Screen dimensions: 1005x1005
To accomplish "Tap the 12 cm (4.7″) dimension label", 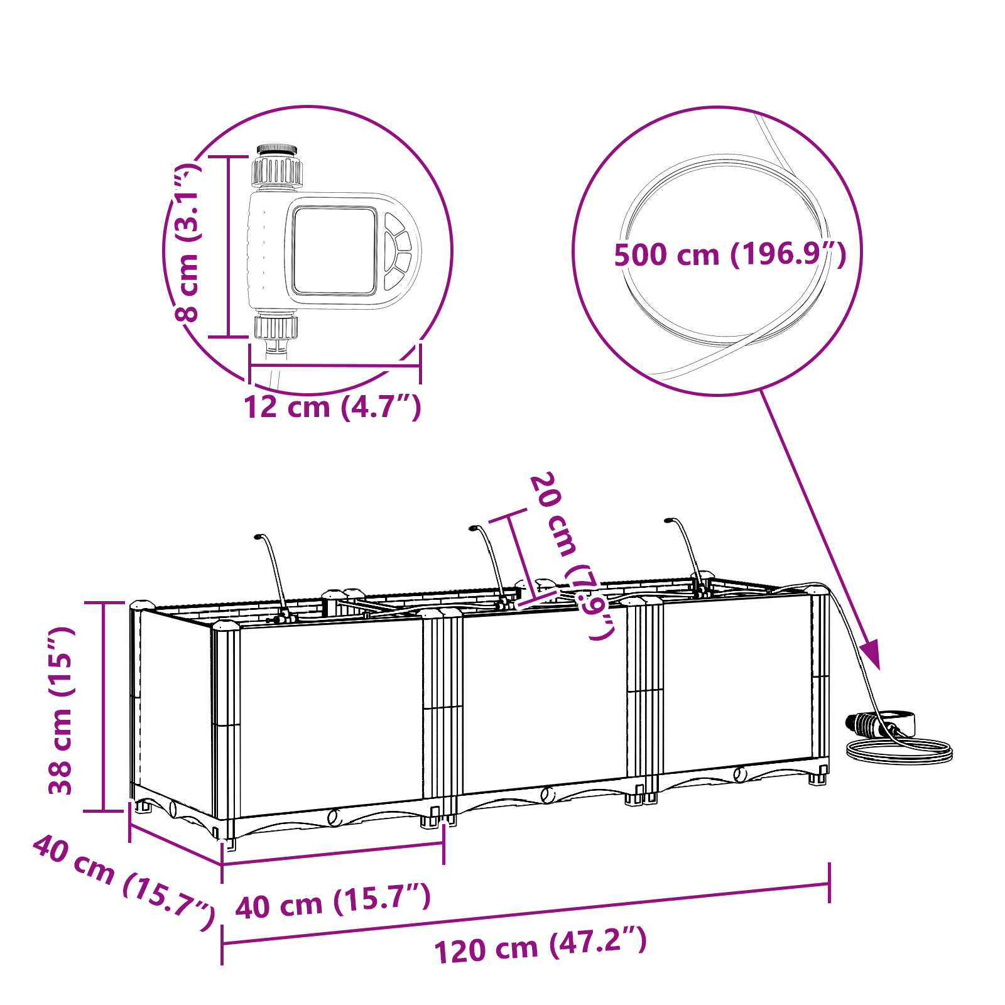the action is [332, 406].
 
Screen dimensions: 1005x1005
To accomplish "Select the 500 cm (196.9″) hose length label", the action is [730, 254].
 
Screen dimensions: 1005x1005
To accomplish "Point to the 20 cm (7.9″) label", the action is [572, 556].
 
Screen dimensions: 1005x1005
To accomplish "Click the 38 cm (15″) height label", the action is [62, 710].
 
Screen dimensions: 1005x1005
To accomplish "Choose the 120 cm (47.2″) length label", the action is [541, 946].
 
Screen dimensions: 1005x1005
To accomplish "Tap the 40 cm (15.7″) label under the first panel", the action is [333, 901].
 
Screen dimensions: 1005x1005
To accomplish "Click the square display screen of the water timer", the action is [335, 251].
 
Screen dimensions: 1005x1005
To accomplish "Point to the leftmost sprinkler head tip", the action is [258, 537].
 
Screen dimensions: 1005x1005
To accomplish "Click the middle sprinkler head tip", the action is [472, 528].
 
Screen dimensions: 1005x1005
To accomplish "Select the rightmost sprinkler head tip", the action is [668, 520].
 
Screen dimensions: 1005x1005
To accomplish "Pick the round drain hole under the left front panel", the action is [334, 817].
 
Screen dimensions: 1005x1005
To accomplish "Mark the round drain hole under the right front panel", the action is [741, 774].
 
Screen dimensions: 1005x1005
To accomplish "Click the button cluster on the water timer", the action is [397, 251].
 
